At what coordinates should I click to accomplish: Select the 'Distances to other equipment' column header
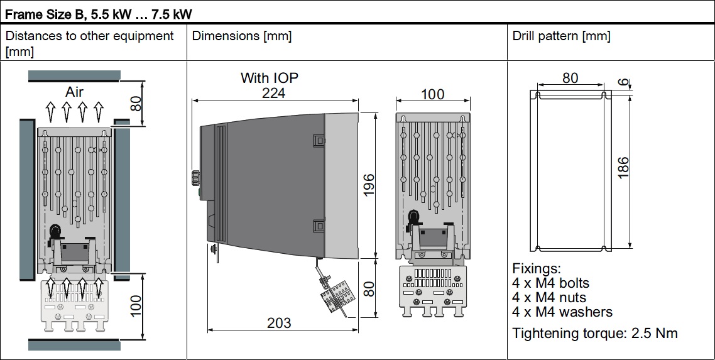(90, 36)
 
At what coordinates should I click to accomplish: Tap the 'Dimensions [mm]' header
(242, 36)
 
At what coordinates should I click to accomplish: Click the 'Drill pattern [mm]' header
(561, 36)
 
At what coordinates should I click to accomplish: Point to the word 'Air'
(74, 92)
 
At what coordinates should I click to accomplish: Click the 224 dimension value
(273, 92)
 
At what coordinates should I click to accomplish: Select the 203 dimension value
(279, 322)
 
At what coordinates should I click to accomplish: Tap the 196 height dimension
(369, 185)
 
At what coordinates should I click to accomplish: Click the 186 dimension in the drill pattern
(623, 168)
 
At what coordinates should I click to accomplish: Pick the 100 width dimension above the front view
(432, 94)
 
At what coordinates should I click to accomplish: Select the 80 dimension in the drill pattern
(570, 79)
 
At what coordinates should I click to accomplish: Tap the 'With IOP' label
(270, 78)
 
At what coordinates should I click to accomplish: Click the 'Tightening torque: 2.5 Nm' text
(595, 333)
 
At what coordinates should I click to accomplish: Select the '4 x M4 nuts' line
(549, 297)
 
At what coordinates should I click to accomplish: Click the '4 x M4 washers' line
(562, 312)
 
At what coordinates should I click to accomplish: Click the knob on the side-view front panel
(194, 177)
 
